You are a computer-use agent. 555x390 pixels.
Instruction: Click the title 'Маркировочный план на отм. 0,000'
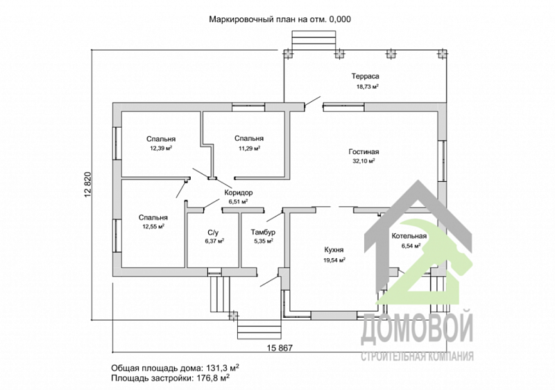coord(280,19)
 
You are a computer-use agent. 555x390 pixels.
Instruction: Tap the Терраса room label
coord(366,76)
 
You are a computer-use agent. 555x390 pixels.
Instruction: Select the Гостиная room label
coord(364,152)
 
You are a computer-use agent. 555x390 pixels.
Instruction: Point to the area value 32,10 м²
coord(364,161)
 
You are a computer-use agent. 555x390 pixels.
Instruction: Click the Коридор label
coord(238,193)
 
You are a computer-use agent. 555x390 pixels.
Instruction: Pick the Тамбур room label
coord(263,232)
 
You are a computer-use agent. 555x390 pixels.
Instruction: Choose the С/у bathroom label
coord(213,232)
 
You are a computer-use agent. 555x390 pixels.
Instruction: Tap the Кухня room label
coord(334,250)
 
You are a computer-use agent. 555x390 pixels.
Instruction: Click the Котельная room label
coord(409,236)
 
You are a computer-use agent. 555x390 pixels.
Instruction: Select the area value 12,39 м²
coord(161,149)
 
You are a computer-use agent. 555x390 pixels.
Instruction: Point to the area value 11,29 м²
coord(249,149)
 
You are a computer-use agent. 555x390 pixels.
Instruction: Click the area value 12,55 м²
coord(153,227)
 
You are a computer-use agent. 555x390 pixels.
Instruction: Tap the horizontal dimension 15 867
coord(280,348)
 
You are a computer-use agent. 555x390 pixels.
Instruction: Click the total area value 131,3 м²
coord(221,367)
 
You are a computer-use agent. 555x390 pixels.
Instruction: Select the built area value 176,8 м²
coord(212,378)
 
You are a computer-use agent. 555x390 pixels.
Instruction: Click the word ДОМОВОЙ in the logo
coord(417,328)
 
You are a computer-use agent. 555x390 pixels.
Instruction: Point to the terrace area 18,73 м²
coord(368,86)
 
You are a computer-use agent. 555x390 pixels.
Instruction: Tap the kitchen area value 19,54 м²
coord(334,260)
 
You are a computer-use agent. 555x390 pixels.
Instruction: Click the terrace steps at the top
coord(314,40)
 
